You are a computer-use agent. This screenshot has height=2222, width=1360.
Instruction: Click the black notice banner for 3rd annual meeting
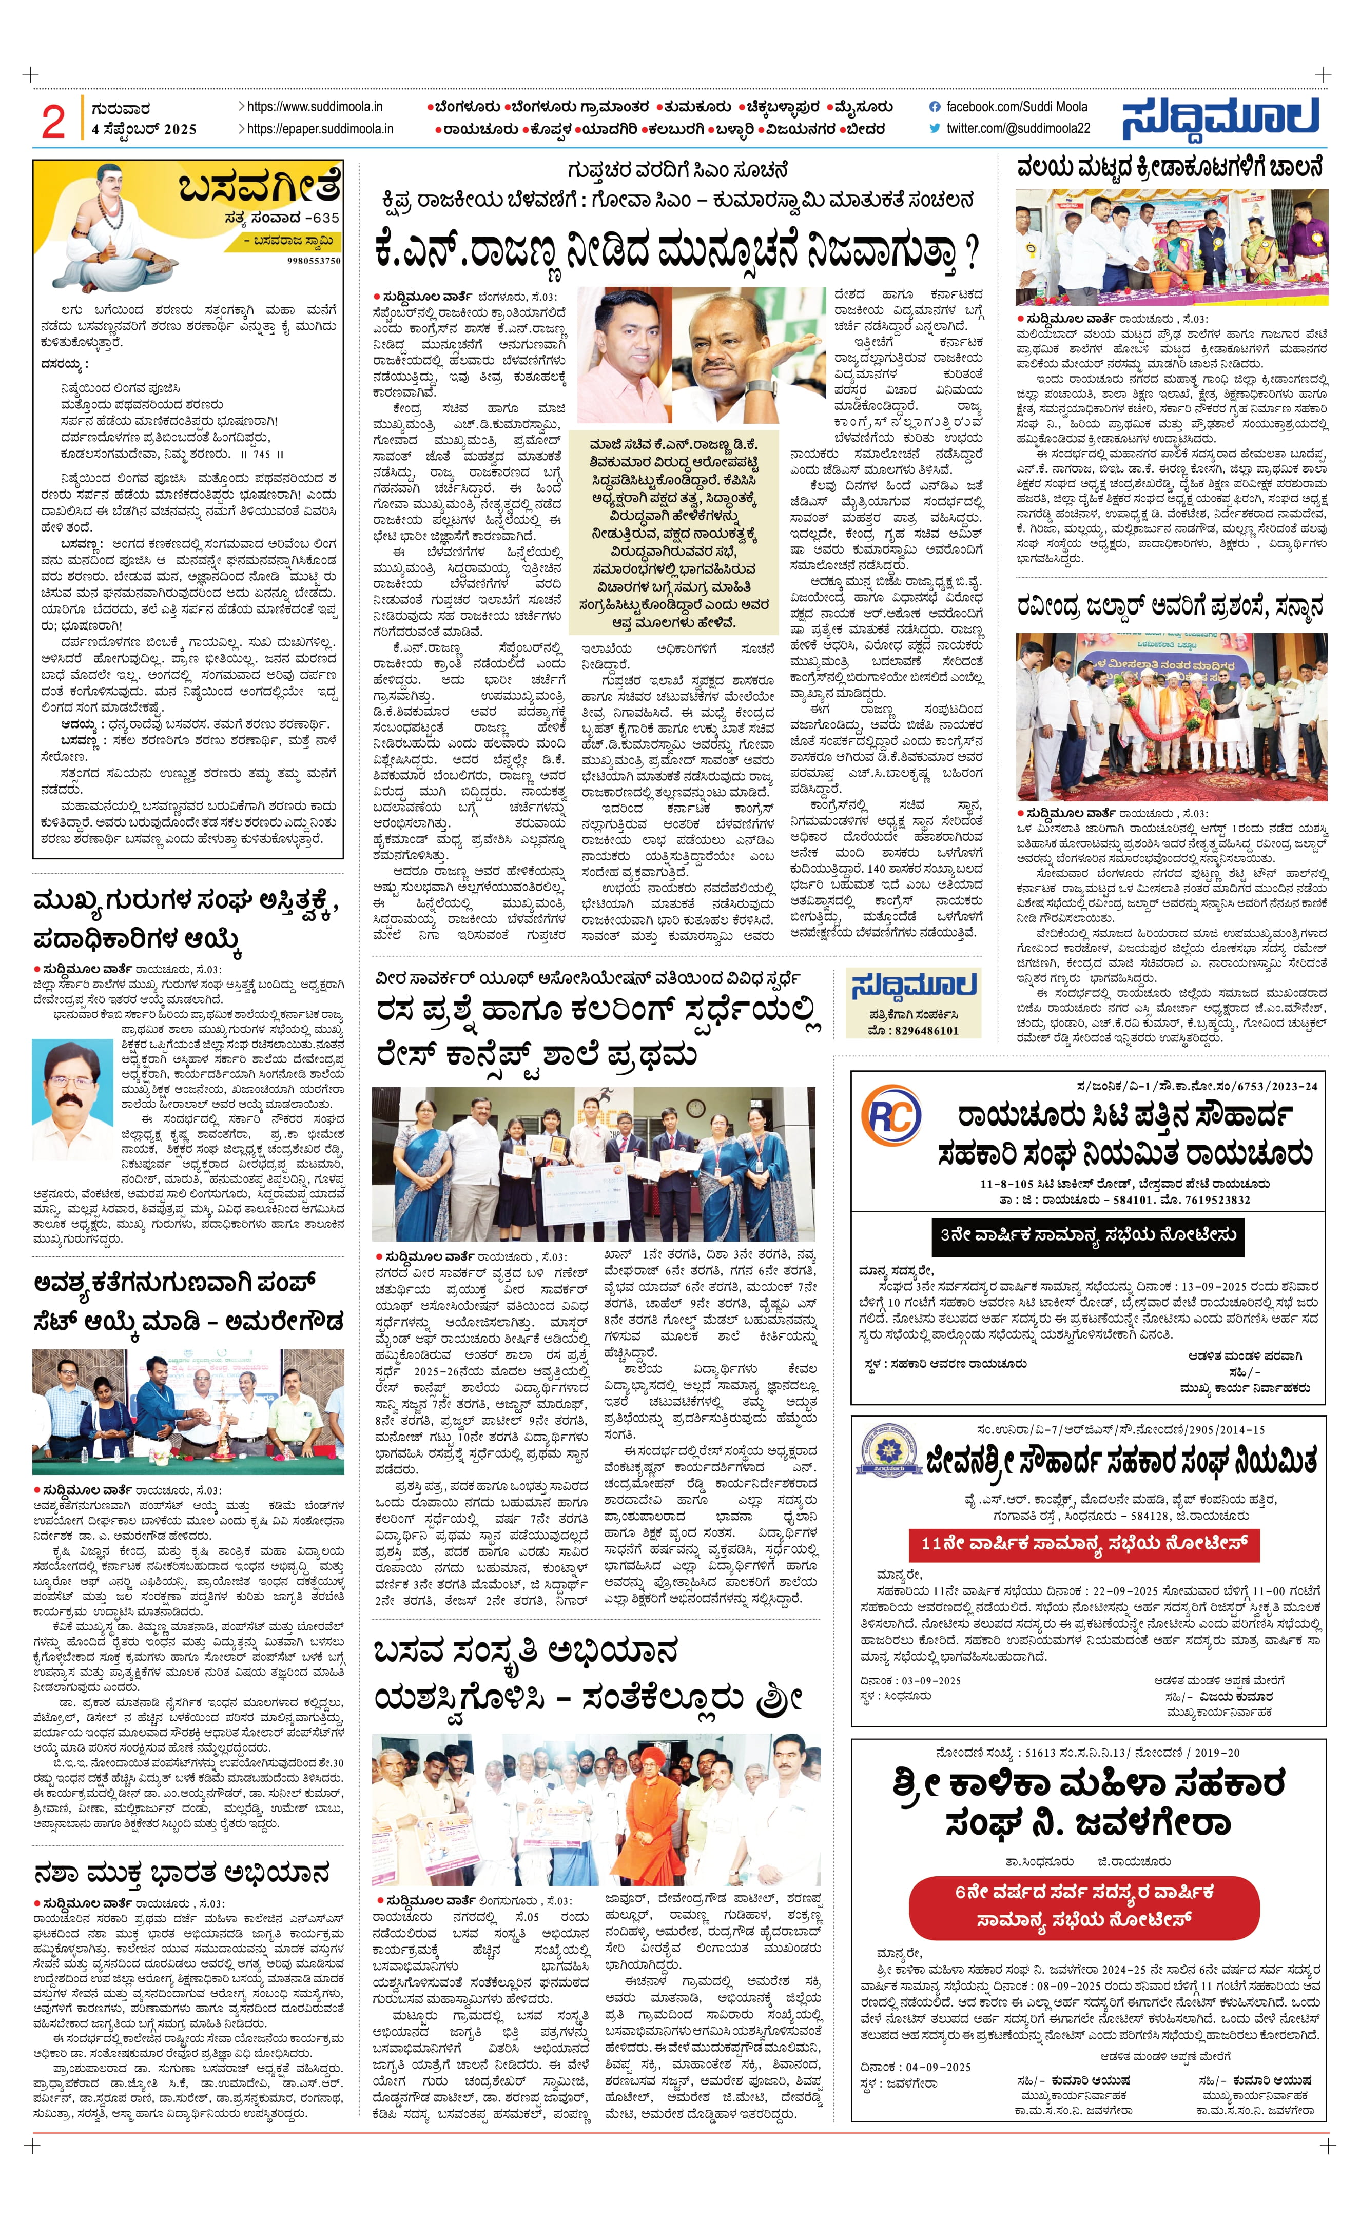[x=1087, y=1234]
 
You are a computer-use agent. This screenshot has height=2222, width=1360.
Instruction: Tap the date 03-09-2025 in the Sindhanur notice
[x=911, y=1680]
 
